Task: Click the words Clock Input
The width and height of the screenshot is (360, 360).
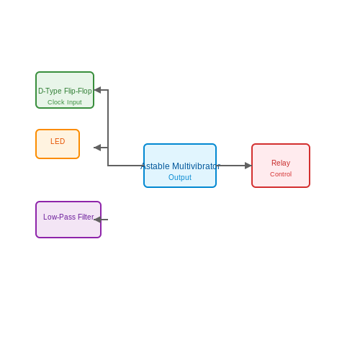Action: click(x=65, y=102)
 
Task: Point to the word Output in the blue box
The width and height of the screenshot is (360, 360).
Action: click(x=180, y=177)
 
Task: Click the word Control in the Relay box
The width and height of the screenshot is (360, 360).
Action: click(x=281, y=174)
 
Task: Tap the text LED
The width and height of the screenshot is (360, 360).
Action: click(x=58, y=141)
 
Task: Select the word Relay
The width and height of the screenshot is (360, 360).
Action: click(x=281, y=163)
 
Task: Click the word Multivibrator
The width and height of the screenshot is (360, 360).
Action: click(x=196, y=166)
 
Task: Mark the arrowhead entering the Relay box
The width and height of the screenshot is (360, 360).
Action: click(x=248, y=166)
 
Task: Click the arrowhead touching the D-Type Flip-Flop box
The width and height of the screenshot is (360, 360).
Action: click(x=97, y=90)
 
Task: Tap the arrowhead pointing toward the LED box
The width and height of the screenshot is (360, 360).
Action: click(x=97, y=148)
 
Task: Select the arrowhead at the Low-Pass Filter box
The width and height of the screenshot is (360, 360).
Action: click(x=97, y=220)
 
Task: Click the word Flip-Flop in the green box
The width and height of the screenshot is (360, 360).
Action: click(x=78, y=91)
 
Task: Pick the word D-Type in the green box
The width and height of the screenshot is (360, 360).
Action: click(x=50, y=91)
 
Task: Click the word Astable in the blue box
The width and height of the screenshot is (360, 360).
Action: click(x=155, y=166)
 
